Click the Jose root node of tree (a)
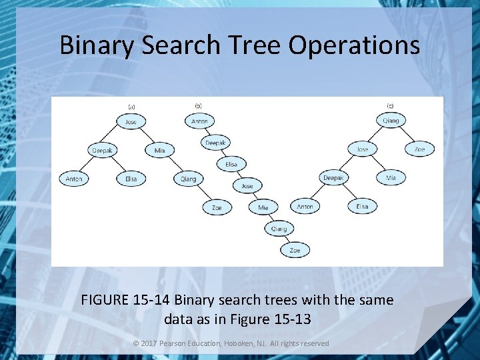[x=131, y=122]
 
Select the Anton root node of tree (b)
[x=199, y=121]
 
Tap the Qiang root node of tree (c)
[x=391, y=121]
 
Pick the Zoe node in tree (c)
[x=419, y=149]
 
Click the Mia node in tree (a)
[x=159, y=151]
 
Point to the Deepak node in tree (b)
[x=215, y=143]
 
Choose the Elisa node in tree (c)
[x=362, y=207]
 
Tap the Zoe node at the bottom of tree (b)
[x=295, y=250]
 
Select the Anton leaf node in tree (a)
[x=74, y=179]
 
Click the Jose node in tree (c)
[x=362, y=149]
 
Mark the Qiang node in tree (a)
[x=189, y=179]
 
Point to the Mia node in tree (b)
[x=263, y=207]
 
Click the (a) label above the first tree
[x=131, y=106]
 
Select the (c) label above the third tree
[x=390, y=105]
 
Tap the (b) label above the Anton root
[x=198, y=105]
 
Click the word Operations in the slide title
[x=355, y=45]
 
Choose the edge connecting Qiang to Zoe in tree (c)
[x=406, y=135]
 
